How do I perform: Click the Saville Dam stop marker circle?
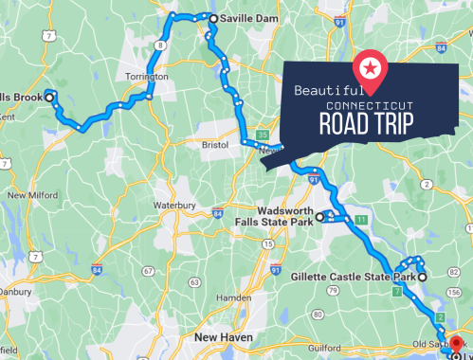click(x=213, y=18)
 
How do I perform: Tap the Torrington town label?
click(x=145, y=77)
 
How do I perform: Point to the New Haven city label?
click(x=221, y=336)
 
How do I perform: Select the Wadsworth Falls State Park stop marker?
click(x=320, y=217)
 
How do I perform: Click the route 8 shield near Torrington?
click(x=161, y=45)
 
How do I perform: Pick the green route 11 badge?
click(x=361, y=220)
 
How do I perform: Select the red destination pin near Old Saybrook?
click(x=456, y=345)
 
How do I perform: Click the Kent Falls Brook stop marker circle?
click(x=49, y=95)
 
